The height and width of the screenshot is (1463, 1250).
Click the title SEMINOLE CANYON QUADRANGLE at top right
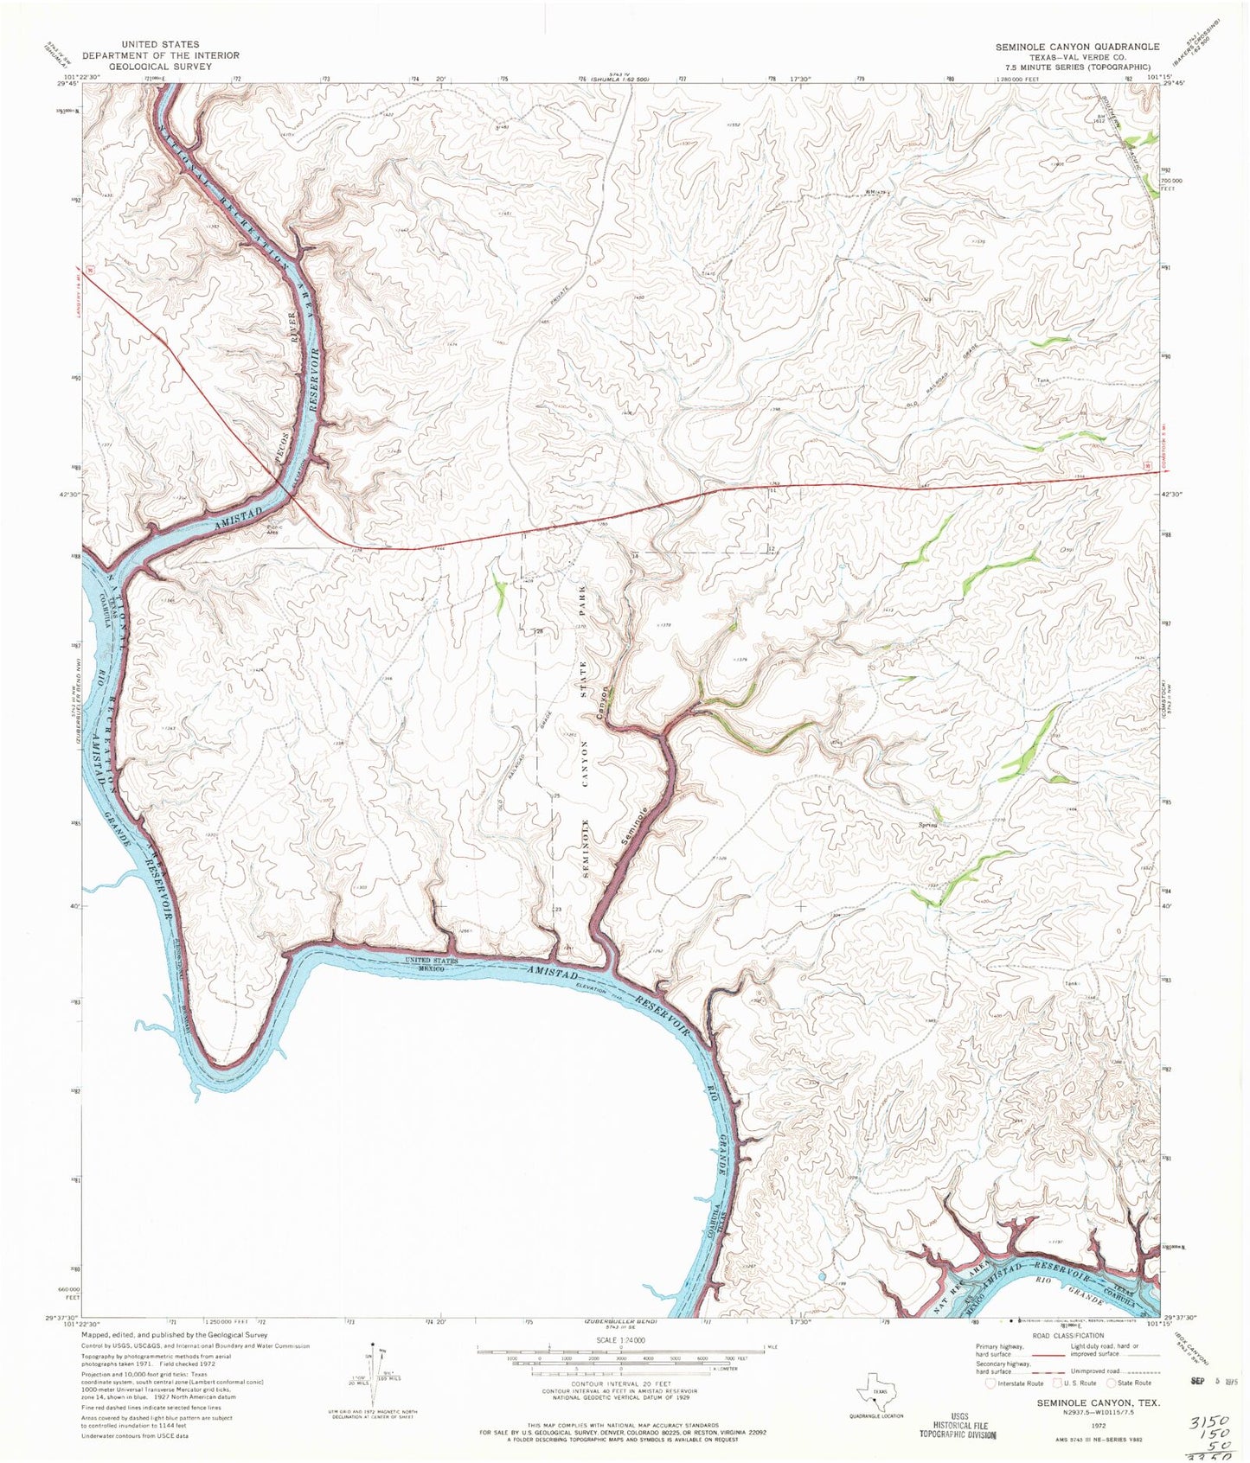(1076, 46)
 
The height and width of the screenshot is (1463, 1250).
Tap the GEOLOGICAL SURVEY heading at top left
(160, 66)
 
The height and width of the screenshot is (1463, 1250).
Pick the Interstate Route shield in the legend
(991, 1407)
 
